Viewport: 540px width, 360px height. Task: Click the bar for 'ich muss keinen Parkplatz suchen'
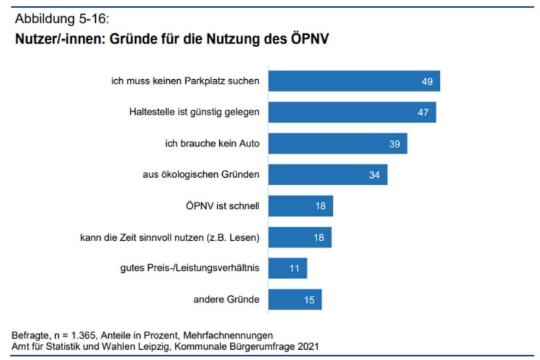[353, 81]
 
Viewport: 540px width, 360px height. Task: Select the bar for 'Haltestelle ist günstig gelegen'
[351, 112]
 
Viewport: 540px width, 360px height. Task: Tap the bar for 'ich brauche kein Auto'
[337, 144]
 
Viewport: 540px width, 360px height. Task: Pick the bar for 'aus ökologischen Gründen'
[327, 175]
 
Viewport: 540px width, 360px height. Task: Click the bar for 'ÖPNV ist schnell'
[300, 206]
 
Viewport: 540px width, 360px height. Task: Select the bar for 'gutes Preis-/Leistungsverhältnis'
[287, 268]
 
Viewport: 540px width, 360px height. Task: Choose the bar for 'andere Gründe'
[294, 299]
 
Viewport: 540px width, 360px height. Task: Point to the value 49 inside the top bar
[427, 81]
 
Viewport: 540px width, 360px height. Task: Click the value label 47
[423, 112]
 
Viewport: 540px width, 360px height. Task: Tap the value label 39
[395, 144]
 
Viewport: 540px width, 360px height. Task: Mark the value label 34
[375, 175]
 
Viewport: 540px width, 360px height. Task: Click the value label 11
[295, 268]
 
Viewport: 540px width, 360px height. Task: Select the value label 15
[309, 299]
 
